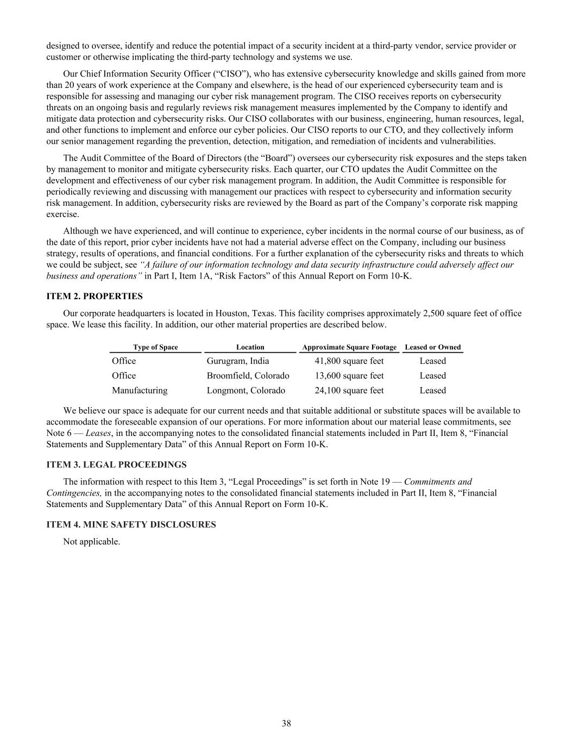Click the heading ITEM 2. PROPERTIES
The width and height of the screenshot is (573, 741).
(x=95, y=296)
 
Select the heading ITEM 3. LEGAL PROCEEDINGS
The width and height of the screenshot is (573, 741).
(x=116, y=465)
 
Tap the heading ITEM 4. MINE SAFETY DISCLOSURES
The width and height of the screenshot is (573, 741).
(x=131, y=524)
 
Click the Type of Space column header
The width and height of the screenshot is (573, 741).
(x=155, y=347)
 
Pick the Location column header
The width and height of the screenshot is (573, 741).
(x=250, y=347)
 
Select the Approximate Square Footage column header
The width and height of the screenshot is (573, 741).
(x=349, y=347)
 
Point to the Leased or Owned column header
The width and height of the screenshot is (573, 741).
(x=432, y=347)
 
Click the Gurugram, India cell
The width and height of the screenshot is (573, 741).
(x=237, y=361)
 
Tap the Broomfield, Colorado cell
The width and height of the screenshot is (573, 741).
(x=248, y=376)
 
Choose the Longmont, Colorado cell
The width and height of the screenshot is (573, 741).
(x=245, y=390)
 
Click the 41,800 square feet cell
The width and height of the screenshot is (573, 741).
(x=349, y=361)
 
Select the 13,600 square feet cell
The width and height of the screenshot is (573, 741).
(x=349, y=376)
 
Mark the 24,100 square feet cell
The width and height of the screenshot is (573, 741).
(x=349, y=390)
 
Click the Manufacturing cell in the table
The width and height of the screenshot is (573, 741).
(x=140, y=390)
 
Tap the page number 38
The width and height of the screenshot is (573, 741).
(x=286, y=723)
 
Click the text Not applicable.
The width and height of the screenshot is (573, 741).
(x=91, y=541)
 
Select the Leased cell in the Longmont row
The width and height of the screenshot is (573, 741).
(x=432, y=390)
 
